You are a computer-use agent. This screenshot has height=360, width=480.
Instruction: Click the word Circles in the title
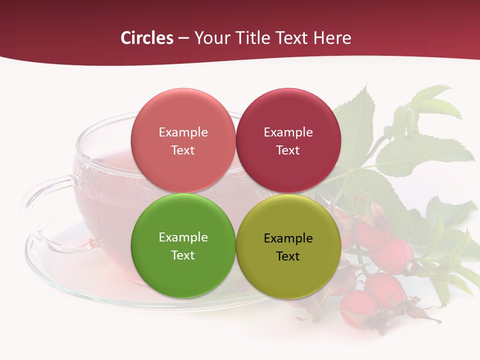point(146,38)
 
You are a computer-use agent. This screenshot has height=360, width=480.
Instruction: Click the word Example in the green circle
point(183,237)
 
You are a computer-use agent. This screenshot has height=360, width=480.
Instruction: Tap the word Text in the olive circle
point(288,256)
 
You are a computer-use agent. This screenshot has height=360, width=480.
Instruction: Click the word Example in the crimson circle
point(288,132)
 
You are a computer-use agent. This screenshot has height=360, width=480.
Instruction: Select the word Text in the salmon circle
point(183,150)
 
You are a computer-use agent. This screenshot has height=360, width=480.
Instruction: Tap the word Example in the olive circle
point(288,238)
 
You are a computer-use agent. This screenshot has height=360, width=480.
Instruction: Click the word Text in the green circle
point(183,255)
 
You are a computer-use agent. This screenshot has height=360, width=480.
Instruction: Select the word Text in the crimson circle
point(288,150)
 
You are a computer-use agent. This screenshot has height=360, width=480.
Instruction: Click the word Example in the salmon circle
point(183,132)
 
